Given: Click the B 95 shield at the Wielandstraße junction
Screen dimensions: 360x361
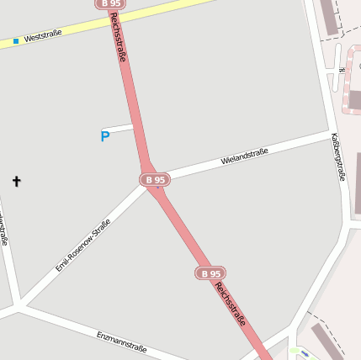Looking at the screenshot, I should [155, 179].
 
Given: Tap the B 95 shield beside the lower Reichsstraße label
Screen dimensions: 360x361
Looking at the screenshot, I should [210, 273].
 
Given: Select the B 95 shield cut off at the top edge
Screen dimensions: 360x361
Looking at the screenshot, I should [109, 3].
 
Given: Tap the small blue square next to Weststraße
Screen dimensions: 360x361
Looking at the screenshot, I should [15, 40].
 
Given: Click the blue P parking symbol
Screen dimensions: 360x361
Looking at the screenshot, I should [105, 136].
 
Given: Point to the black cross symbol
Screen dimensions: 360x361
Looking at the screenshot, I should [16, 181].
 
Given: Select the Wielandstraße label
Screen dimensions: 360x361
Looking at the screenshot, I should [244, 156].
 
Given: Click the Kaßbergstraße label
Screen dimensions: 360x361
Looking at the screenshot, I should [339, 156].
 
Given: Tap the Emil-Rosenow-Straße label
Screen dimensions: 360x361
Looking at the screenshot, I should [83, 246].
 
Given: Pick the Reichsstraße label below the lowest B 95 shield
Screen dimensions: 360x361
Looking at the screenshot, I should [231, 304].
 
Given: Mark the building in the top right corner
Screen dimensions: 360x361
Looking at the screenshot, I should [330, 17].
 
